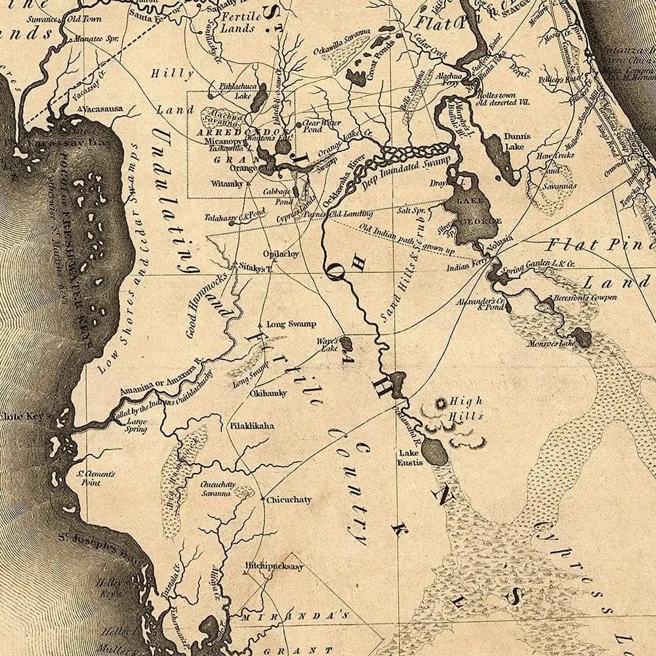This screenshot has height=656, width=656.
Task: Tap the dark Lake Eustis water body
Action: point(434,450)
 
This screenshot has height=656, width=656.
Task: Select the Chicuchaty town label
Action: point(289,499)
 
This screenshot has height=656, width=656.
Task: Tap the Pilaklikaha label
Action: point(251,425)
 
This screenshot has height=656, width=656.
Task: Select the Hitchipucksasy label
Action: point(274,566)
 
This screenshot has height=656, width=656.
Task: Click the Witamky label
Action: point(226,184)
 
